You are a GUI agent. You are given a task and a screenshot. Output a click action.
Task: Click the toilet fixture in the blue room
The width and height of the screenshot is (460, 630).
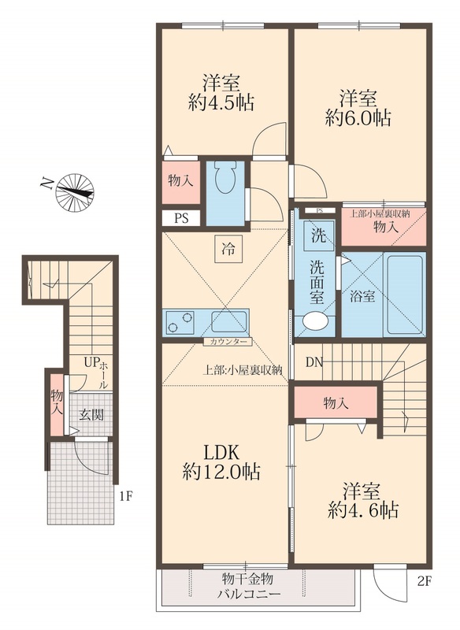(225, 178)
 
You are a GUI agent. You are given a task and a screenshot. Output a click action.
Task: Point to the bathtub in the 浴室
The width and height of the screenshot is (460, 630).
(404, 294)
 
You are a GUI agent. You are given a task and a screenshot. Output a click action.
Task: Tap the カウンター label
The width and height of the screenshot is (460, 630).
(228, 342)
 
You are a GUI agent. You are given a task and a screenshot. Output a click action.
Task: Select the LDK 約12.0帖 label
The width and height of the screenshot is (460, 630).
(222, 463)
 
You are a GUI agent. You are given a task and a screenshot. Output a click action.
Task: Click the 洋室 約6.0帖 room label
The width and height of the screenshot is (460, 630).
(358, 108)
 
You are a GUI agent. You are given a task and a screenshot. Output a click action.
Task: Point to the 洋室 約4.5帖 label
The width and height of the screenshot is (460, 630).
(221, 93)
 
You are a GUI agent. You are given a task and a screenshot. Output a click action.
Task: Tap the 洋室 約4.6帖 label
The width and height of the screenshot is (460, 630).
(362, 501)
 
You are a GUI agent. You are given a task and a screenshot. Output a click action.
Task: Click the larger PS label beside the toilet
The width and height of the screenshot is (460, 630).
(181, 219)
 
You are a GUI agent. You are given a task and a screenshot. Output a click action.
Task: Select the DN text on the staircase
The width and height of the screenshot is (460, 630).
(314, 362)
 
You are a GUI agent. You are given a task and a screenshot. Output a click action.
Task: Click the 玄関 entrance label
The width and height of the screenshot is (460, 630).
(91, 415)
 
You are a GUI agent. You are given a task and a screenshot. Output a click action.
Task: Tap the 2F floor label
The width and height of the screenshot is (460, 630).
(424, 581)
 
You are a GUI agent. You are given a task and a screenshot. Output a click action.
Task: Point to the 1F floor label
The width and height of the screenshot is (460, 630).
(125, 496)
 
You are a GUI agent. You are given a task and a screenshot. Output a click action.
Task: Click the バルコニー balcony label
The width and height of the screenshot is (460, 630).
(249, 595)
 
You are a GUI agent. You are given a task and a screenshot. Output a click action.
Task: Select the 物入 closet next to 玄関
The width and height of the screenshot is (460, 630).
(57, 404)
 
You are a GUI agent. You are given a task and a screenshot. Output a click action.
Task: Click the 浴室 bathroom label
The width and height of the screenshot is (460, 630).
(362, 297)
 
